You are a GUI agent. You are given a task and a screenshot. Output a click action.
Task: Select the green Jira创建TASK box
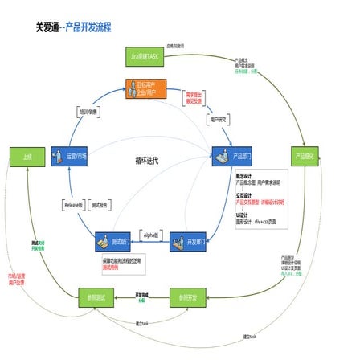(145, 56)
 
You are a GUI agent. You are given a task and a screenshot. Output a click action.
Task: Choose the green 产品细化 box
(305, 154)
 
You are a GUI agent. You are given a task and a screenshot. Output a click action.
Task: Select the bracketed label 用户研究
(216, 118)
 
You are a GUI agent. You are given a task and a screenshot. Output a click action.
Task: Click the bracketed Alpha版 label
(149, 233)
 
